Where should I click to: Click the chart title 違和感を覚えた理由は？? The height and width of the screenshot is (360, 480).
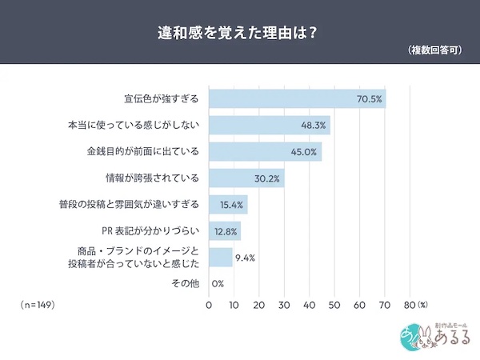(x=240, y=33)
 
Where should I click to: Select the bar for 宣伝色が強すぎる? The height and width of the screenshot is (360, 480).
(x=297, y=99)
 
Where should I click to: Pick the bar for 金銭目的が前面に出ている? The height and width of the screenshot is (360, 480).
(x=265, y=152)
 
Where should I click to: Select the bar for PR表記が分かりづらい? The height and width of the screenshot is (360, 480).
(x=225, y=231)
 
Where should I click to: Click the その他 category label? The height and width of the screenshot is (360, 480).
(x=186, y=283)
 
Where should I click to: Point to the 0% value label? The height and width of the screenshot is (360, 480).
(x=218, y=284)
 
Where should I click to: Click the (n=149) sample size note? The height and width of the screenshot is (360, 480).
(x=38, y=306)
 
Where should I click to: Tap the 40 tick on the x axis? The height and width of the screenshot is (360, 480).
(x=309, y=306)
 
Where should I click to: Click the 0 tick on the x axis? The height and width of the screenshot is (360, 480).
(x=209, y=306)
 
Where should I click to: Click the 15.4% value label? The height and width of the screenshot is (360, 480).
(x=230, y=205)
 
